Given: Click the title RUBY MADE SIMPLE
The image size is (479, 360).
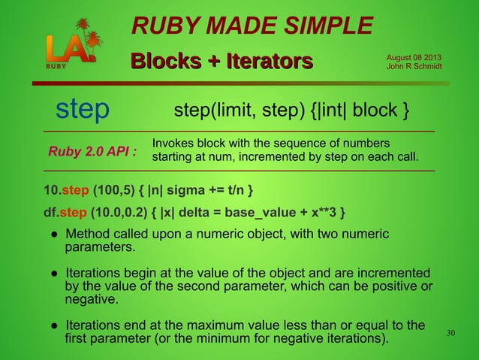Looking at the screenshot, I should click(x=252, y=27).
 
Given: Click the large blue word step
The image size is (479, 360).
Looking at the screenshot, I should click(x=83, y=110).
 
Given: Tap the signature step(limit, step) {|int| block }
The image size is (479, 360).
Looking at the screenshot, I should click(x=291, y=111).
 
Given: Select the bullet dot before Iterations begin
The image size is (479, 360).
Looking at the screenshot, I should click(x=55, y=272).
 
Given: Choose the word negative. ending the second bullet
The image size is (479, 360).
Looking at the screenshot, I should click(x=92, y=299).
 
